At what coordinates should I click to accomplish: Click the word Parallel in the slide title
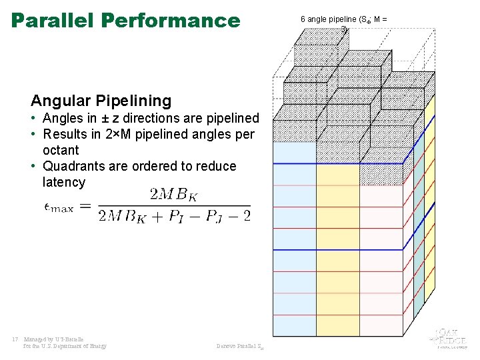(53, 20)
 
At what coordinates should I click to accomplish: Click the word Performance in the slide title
(171, 20)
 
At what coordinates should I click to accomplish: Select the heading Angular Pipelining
(101, 101)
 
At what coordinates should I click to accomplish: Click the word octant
(61, 150)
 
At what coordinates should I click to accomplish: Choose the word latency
(64, 182)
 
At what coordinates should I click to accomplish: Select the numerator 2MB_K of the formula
(173, 195)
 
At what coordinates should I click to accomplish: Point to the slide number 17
(15, 339)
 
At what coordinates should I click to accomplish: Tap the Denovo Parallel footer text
(241, 346)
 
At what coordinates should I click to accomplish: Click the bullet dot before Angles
(33, 119)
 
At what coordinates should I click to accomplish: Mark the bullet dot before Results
(33, 135)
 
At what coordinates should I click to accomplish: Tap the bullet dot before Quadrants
(33, 167)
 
